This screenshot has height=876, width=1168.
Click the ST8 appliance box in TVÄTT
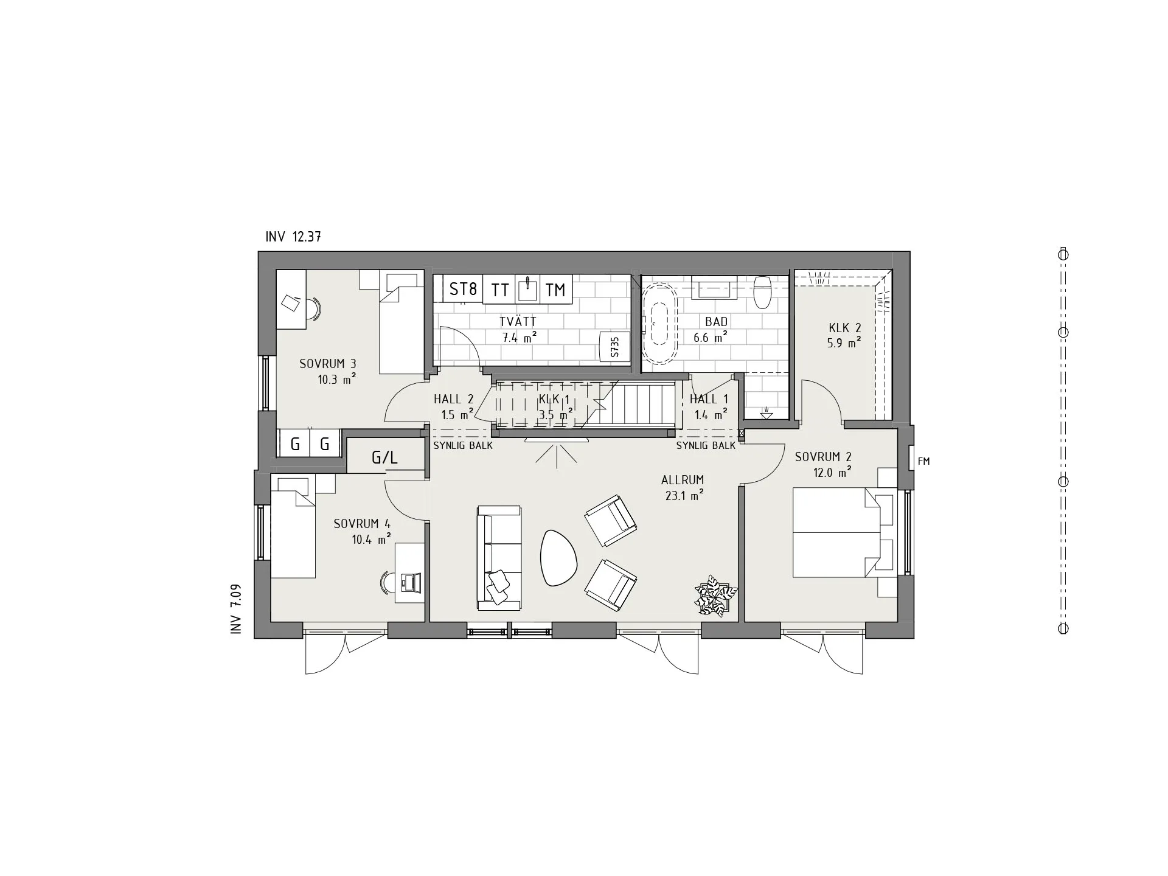(463, 288)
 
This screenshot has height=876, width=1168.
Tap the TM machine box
(555, 290)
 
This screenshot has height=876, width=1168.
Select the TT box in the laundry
(499, 290)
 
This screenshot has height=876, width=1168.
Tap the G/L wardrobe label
(384, 457)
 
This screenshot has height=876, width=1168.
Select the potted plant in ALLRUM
(716, 597)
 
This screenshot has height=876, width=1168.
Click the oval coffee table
(558, 558)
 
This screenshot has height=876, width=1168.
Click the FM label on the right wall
(923, 462)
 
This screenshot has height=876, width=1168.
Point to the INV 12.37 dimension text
(293, 237)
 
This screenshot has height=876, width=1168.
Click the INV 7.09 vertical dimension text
(237, 610)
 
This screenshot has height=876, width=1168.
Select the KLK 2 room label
(844, 328)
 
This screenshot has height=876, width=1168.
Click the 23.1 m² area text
(684, 496)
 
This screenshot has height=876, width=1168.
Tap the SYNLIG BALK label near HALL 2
(462, 445)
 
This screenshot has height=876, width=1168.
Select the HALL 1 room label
(708, 400)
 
